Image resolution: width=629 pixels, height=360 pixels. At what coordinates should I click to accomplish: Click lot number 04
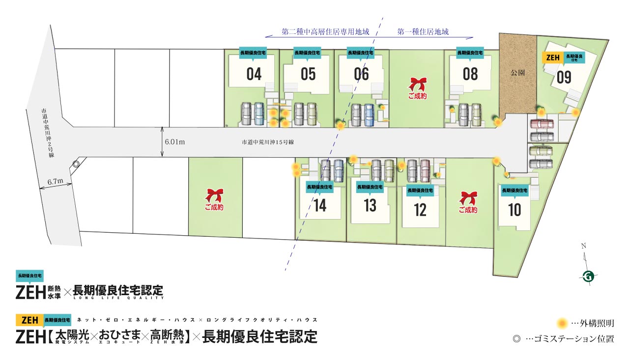(254, 74)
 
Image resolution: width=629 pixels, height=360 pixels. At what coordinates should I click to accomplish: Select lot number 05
(308, 74)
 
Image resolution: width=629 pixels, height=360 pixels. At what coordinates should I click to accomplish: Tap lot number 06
(361, 74)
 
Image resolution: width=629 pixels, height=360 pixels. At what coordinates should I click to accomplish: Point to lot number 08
(470, 74)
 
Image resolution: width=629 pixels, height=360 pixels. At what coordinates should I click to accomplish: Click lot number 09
(564, 78)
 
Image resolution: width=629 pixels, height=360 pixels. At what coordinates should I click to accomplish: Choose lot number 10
(515, 210)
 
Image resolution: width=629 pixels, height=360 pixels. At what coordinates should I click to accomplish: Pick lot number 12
(420, 210)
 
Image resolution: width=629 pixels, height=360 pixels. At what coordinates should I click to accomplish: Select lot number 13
(370, 206)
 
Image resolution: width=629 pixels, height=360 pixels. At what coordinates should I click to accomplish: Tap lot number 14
(320, 206)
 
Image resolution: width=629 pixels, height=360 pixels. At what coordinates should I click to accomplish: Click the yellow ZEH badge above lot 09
(553, 57)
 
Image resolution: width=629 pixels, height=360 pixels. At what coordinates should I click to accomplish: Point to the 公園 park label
(517, 72)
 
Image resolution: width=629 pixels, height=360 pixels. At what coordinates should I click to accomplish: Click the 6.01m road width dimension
(175, 142)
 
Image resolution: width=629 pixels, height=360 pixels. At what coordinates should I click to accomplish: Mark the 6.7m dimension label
(56, 181)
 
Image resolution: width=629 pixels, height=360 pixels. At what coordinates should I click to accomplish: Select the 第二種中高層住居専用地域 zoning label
(325, 32)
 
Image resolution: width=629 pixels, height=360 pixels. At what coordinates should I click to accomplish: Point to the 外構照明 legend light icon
(563, 324)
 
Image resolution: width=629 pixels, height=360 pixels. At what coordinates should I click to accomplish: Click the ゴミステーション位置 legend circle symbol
(515, 339)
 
